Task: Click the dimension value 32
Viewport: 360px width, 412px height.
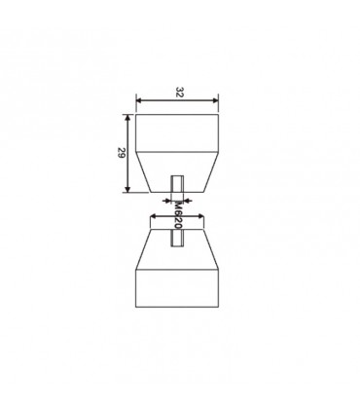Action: coord(179,92)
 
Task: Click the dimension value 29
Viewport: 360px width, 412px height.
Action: coord(122,153)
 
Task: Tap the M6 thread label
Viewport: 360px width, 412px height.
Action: coord(177,209)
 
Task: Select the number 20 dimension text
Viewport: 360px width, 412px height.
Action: coord(177,223)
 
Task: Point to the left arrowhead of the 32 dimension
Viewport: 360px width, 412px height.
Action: coord(139,100)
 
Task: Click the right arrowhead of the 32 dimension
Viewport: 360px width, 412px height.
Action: coord(215,100)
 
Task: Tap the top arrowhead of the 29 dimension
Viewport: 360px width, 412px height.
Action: coord(127,118)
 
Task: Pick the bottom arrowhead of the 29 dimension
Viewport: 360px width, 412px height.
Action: coord(127,189)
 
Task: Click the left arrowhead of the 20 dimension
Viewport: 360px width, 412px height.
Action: coord(154,216)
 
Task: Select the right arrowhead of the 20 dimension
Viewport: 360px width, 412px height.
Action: coord(200,216)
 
